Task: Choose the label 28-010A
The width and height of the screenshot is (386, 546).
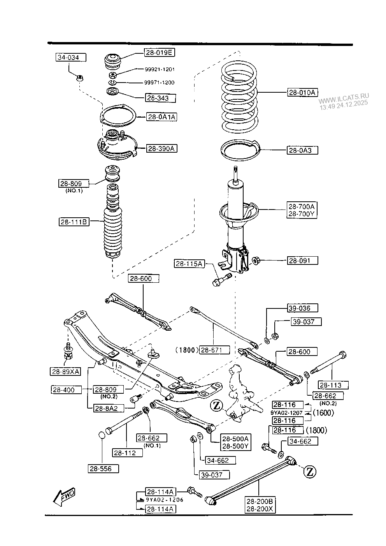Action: pos(302,93)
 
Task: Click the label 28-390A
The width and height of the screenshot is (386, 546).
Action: pos(161,148)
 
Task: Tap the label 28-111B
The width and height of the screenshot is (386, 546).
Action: pos(74,222)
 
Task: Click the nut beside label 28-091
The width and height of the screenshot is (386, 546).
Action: pos(257,260)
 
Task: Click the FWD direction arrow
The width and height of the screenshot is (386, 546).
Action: pos(65,497)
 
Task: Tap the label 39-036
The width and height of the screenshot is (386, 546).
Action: pos(302,308)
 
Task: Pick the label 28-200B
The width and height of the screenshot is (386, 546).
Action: pos(260,502)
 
